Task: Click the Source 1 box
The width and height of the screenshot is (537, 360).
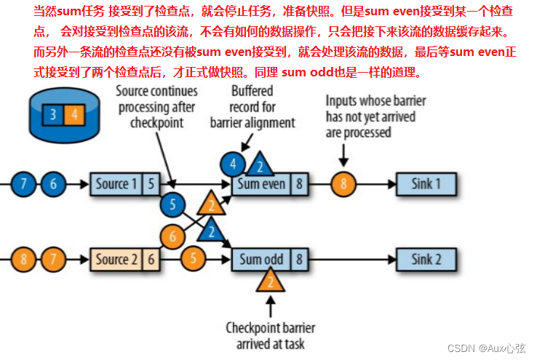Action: pyautogui.click(x=115, y=184)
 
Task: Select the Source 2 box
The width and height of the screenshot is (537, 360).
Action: pyautogui.click(x=115, y=259)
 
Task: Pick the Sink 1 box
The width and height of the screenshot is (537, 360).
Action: pyautogui.click(x=426, y=184)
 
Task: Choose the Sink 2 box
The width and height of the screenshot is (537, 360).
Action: pyautogui.click(x=426, y=259)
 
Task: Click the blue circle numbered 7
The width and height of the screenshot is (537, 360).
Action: pyautogui.click(x=25, y=184)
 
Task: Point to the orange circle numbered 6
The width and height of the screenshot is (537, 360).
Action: pyautogui.click(x=172, y=236)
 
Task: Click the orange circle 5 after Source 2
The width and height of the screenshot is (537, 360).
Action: pyautogui.click(x=194, y=258)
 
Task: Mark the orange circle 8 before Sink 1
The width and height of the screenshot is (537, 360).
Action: pyautogui.click(x=343, y=184)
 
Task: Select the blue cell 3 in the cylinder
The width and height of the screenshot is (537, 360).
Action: pyautogui.click(x=53, y=113)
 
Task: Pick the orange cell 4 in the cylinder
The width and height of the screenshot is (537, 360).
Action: pyautogui.click(x=73, y=113)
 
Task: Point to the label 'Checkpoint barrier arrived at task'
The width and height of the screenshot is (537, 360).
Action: pyautogui.click(x=271, y=335)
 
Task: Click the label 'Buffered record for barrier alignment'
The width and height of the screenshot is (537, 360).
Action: pyautogui.click(x=252, y=106)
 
